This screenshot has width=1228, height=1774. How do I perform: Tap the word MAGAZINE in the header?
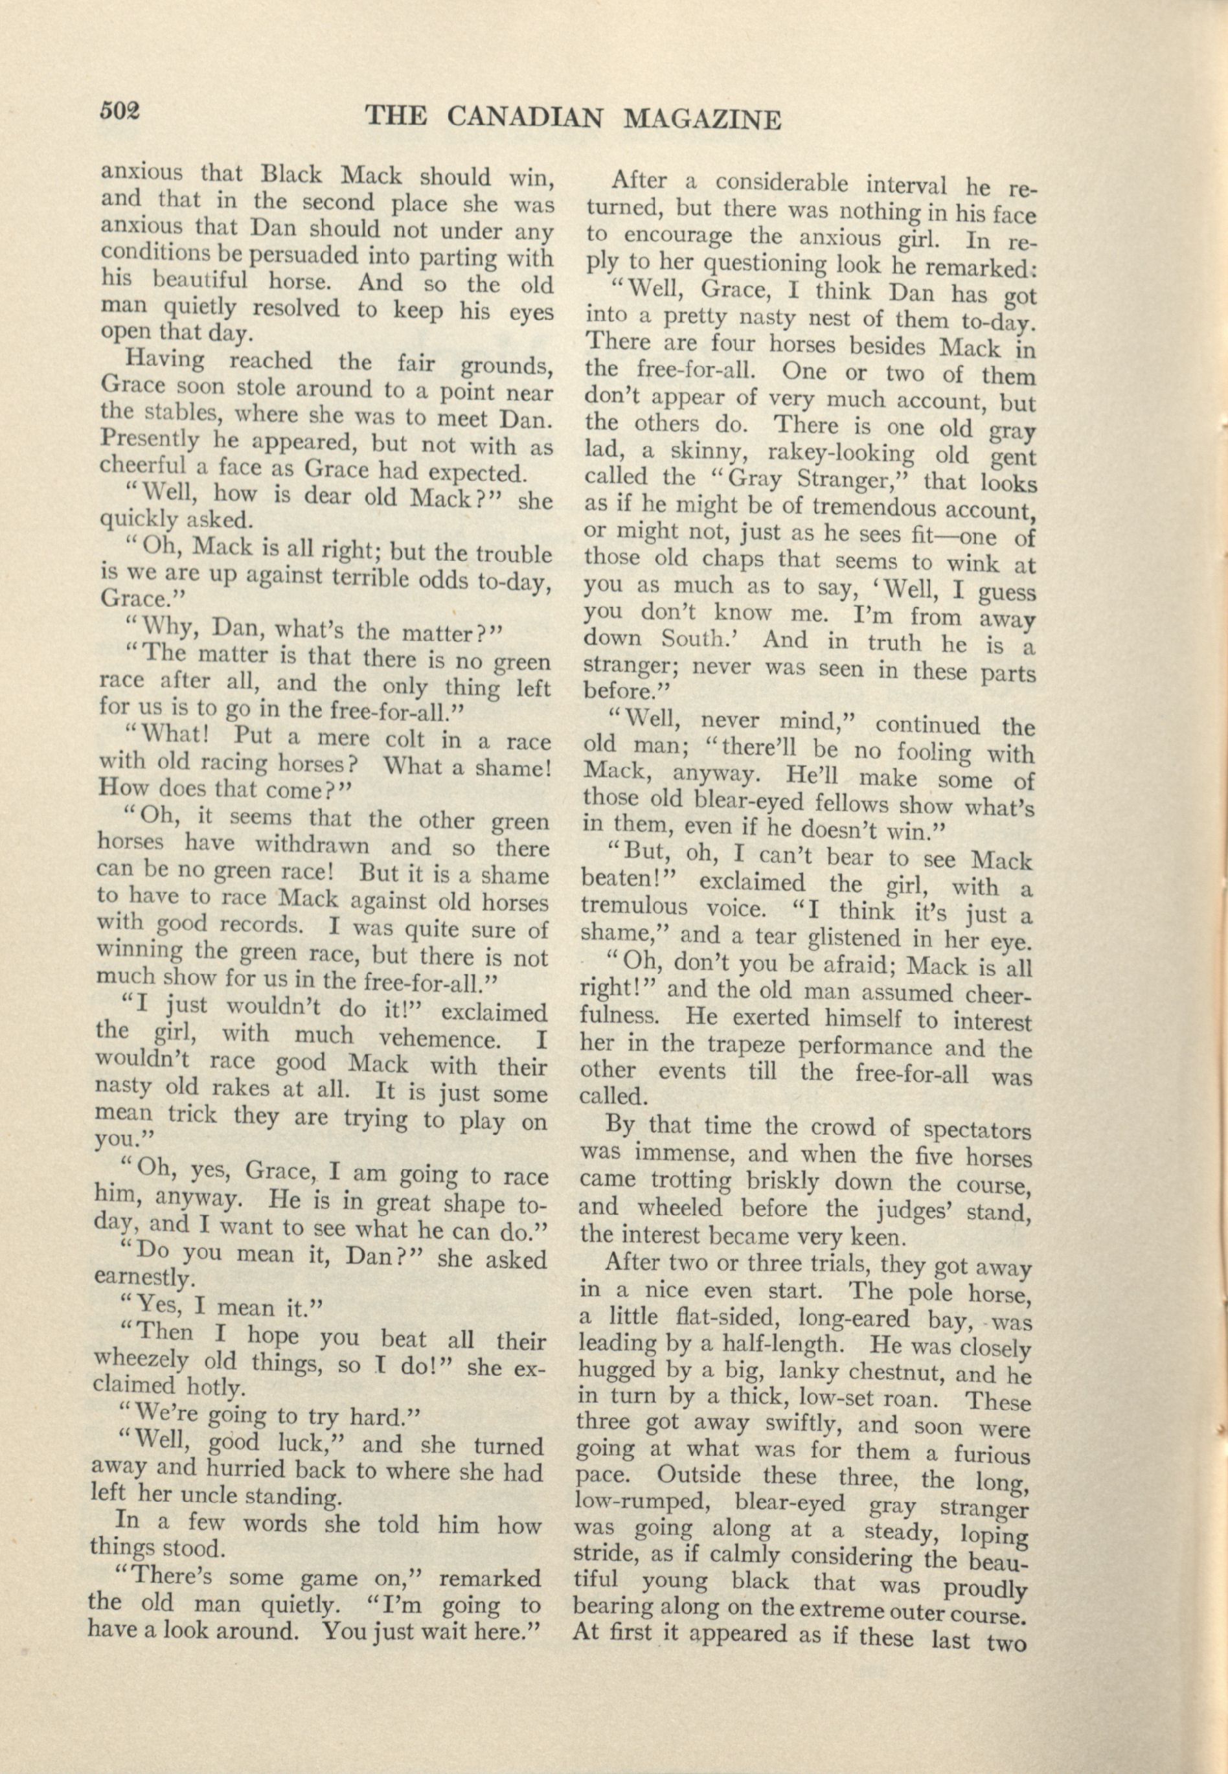pos(703,120)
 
